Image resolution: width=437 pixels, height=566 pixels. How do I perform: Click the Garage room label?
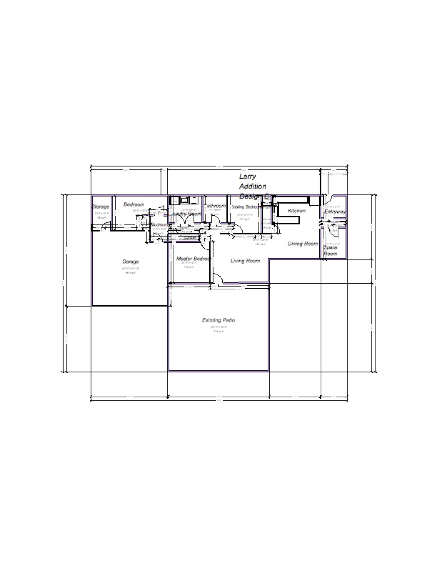click(130, 262)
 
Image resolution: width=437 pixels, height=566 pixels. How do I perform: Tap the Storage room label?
click(101, 207)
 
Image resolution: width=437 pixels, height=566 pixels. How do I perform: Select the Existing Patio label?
click(218, 320)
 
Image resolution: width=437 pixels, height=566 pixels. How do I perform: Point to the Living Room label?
click(245, 261)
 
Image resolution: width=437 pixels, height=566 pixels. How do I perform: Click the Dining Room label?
click(303, 244)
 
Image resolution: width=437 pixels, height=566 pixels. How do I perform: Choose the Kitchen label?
click(297, 211)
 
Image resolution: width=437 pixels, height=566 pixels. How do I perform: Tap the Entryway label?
click(335, 212)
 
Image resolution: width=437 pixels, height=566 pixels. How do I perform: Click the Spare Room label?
click(331, 250)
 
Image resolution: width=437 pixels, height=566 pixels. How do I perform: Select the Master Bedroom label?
click(193, 259)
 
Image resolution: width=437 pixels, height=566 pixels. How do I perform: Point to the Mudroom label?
click(159, 225)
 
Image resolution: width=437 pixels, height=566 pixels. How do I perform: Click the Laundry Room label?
click(186, 214)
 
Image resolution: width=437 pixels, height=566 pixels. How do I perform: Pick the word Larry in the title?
click(247, 176)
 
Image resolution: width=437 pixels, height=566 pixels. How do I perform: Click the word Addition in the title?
click(253, 186)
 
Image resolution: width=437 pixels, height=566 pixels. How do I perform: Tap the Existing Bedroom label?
click(246, 207)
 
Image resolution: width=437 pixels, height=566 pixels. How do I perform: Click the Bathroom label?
click(215, 206)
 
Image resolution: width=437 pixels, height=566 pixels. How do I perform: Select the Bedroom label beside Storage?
click(134, 204)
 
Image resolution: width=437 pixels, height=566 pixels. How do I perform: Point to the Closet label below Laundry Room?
click(190, 237)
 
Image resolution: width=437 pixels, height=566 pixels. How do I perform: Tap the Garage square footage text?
click(130, 272)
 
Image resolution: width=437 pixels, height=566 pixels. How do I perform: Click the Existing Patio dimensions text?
click(218, 327)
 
